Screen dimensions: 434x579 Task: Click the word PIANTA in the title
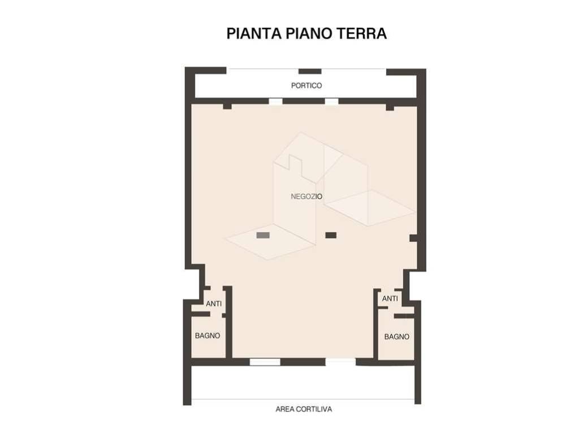252,33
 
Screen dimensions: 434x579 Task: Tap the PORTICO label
306,86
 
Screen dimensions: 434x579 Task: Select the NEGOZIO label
306,197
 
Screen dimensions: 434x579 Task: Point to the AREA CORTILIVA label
304,409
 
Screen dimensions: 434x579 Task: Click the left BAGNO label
208,336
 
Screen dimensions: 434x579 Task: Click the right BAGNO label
397,337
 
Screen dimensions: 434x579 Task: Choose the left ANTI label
214,304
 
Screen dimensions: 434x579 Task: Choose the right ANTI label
390,298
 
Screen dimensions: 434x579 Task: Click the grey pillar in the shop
263,235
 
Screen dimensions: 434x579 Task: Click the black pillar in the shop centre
331,235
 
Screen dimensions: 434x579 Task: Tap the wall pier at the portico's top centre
310,71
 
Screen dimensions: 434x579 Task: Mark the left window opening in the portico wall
275,102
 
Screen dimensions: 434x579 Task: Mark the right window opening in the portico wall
332,102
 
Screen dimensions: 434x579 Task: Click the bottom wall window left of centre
265,362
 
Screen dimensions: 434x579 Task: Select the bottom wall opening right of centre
341,362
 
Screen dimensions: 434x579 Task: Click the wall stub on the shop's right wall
413,238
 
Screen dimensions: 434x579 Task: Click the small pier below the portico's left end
227,106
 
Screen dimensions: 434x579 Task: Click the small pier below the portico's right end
390,107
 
